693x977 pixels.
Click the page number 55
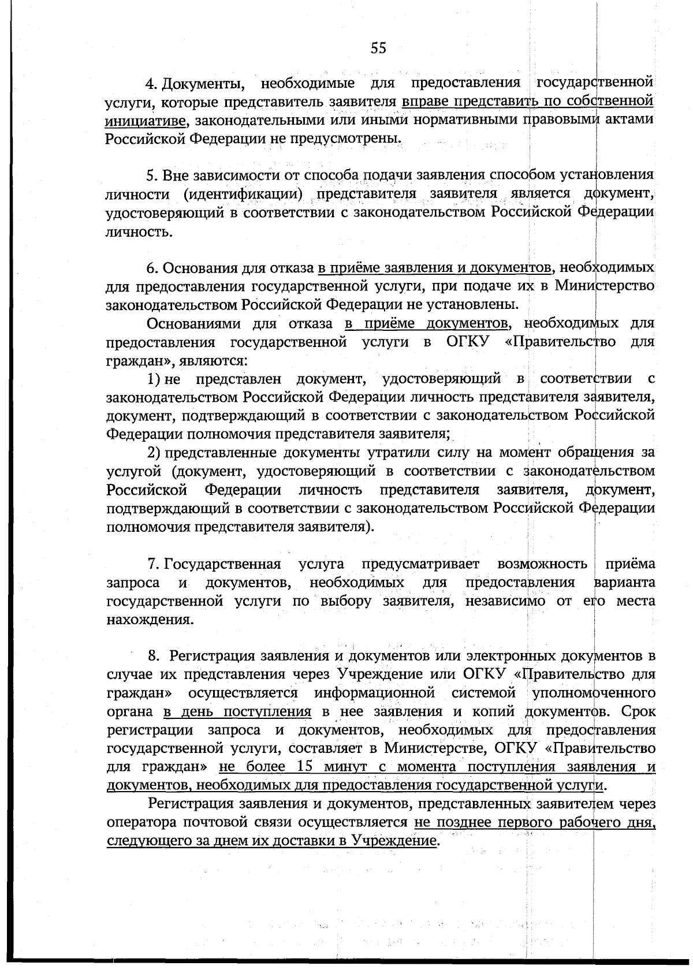pos(378,48)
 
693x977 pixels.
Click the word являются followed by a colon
pos(215,361)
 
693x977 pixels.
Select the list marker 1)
pos(154,379)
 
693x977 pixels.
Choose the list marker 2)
pos(154,452)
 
